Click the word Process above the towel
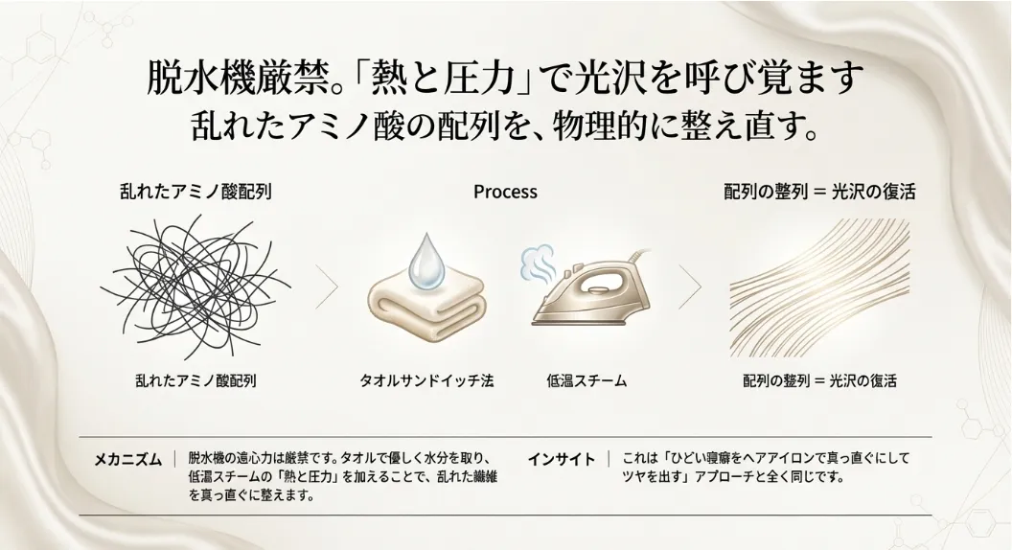(505, 192)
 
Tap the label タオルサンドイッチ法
(426, 380)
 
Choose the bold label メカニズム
(127, 459)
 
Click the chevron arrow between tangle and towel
(328, 286)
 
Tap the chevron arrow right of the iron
(689, 286)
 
